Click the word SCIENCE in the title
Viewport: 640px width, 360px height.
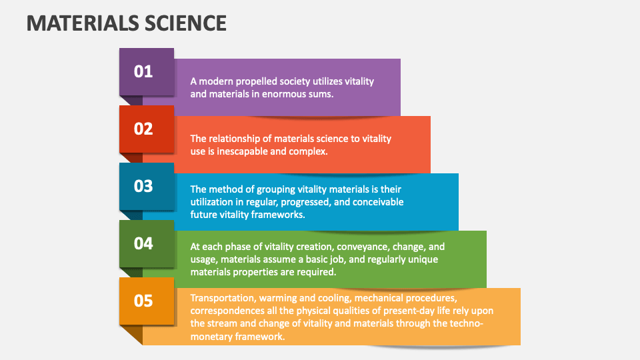pos(185,23)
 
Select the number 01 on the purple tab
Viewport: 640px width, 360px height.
pos(143,72)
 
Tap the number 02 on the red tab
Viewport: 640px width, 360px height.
pos(143,129)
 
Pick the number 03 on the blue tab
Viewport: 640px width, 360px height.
pos(143,187)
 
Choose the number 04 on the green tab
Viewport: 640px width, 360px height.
pos(143,244)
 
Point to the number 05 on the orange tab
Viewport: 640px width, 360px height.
pos(143,301)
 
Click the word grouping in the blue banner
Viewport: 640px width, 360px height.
pos(276,189)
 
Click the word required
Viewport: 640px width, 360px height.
pos(319,272)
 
